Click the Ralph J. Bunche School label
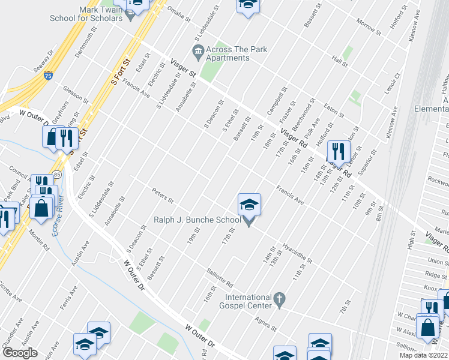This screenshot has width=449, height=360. [197, 220]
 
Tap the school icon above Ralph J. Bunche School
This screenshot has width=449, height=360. [249, 206]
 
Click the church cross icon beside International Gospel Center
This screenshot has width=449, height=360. [279, 298]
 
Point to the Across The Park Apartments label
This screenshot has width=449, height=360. [228, 53]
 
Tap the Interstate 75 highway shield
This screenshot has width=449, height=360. [48, 76]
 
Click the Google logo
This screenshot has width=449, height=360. [20, 353]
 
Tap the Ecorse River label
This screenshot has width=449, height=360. [58, 222]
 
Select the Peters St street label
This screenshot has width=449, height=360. [163, 196]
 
